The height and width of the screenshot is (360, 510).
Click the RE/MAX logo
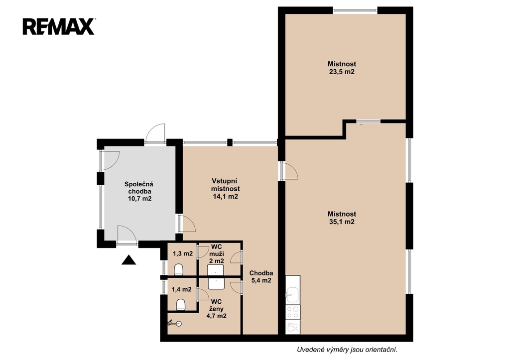pyautogui.click(x=59, y=26)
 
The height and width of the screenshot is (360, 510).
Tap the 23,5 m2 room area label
pyautogui.click(x=342, y=72)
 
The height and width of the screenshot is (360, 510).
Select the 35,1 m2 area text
pyautogui.click(x=342, y=222)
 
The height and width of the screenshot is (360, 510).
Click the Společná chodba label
pyautogui.click(x=139, y=188)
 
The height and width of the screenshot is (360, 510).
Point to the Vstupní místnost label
pyautogui.click(x=225, y=185)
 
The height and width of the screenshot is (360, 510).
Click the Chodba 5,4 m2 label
pyautogui.click(x=261, y=277)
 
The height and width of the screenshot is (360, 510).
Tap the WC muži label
pyautogui.click(x=216, y=250)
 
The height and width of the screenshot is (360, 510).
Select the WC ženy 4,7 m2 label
pyautogui.click(x=216, y=308)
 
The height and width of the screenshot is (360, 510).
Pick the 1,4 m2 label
pyautogui.click(x=181, y=289)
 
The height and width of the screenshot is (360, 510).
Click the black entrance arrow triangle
pyautogui.click(x=129, y=260)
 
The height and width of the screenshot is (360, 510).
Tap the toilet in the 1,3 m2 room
pyautogui.click(x=179, y=269)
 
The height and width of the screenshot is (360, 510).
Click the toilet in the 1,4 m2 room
pyautogui.click(x=181, y=305)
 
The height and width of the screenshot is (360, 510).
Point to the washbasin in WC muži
pyautogui.click(x=216, y=270)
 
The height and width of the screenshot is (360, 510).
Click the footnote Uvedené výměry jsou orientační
pyautogui.click(x=347, y=350)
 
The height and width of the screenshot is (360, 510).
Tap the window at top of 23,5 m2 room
pyautogui.click(x=355, y=11)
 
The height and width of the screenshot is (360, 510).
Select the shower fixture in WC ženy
pyautogui.click(x=175, y=323)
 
